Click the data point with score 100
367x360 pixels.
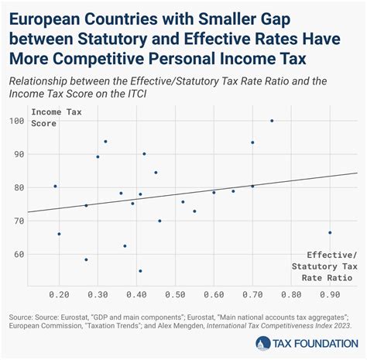pyautogui.click(x=272, y=121)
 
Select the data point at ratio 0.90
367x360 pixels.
pyautogui.click(x=330, y=232)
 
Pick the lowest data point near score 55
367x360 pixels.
pyautogui.click(x=140, y=271)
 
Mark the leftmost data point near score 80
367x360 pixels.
pyautogui.click(x=55, y=186)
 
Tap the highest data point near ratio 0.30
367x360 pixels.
pyautogui.click(x=105, y=142)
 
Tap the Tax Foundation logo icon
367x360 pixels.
pyautogui.click(x=263, y=344)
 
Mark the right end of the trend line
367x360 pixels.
pyautogui.click(x=357, y=173)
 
